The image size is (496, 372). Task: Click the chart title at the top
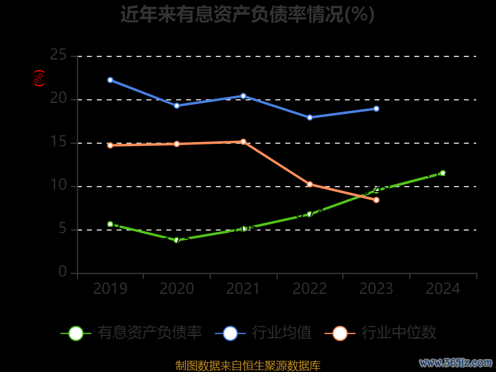247,14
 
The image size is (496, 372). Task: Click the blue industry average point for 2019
110,80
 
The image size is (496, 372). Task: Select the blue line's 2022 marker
310,117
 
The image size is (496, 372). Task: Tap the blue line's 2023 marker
376,108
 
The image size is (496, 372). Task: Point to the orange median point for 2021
243,142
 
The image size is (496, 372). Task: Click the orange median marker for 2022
310,184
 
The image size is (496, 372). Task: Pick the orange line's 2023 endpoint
376,200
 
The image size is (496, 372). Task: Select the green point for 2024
443,173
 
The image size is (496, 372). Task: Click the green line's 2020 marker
177,240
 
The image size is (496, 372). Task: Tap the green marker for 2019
110,224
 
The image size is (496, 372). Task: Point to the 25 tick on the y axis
58,55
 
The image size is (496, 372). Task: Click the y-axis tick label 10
58,185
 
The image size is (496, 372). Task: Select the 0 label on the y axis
63,272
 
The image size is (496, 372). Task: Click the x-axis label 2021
243,289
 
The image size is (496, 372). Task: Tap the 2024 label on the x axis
443,289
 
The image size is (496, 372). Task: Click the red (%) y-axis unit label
39,78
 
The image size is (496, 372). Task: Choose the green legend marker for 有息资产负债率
76,333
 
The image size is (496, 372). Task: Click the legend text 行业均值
281,333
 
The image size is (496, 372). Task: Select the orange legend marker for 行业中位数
340,333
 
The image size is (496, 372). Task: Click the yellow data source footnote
247,366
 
